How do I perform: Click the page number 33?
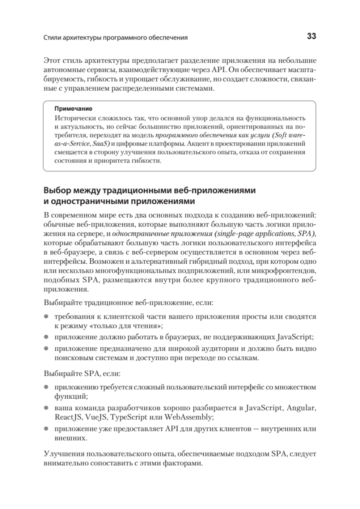pos(311,36)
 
